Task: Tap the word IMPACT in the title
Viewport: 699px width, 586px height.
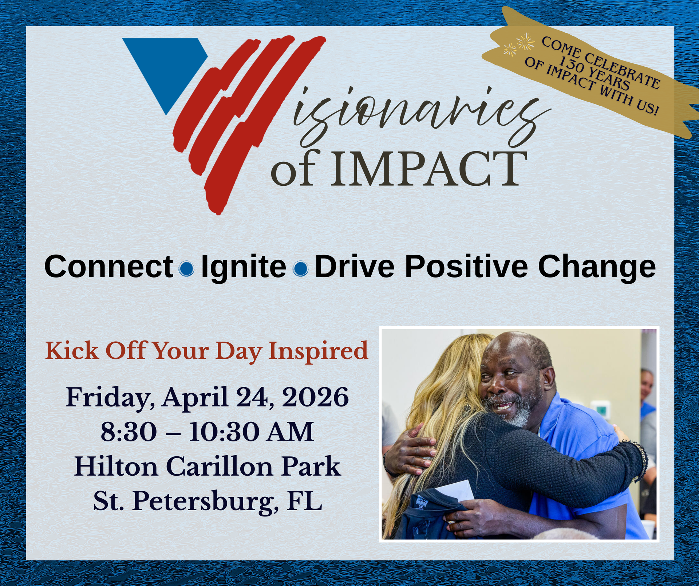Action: pyautogui.click(x=429, y=169)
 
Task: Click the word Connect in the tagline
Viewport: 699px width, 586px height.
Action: pyautogui.click(x=109, y=267)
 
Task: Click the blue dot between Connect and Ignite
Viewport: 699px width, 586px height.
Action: pyautogui.click(x=187, y=269)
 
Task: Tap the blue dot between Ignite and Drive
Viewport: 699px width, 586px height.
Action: pyautogui.click(x=301, y=269)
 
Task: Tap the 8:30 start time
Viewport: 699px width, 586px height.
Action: pyautogui.click(x=129, y=432)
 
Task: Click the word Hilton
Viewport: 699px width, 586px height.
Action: pyautogui.click(x=116, y=467)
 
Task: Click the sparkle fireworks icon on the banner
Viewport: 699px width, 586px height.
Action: pyautogui.click(x=519, y=44)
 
